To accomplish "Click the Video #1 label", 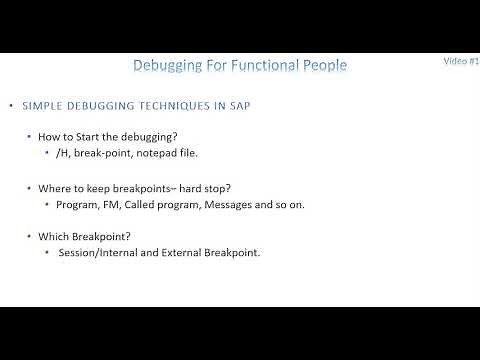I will pos(461,61).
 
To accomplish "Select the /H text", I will pos(65,154).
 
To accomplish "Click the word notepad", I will pos(163,154).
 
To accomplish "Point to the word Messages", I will pos(230,204).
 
